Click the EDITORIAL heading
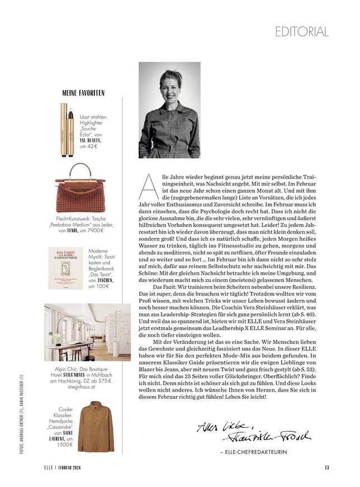tap(301, 31)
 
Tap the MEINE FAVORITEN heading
tap(83, 93)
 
